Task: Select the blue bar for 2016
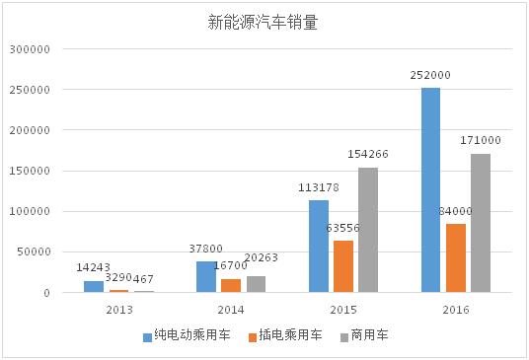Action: click(x=430, y=190)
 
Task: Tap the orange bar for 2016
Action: click(x=455, y=258)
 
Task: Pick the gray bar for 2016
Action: click(x=481, y=223)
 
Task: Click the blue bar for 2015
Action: click(x=318, y=247)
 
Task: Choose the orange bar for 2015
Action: click(x=343, y=266)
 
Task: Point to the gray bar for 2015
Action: click(x=368, y=230)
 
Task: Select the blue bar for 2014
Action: click(x=205, y=277)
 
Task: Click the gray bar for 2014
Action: click(x=256, y=284)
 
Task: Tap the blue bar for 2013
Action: click(x=93, y=287)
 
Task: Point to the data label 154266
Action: click(x=368, y=155)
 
